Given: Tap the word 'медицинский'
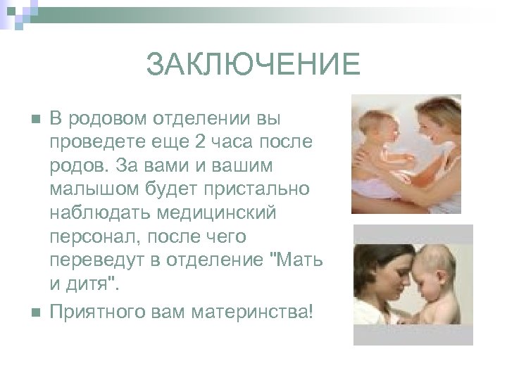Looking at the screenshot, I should pyautogui.click(x=217, y=213).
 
